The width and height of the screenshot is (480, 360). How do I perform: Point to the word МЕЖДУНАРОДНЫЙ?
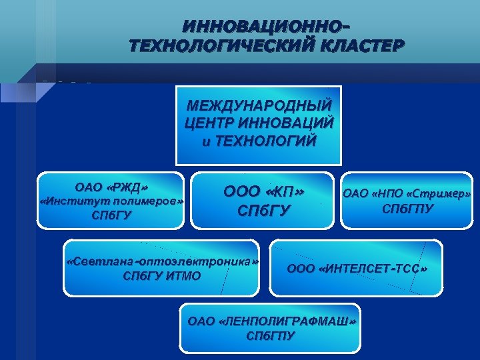(258, 106)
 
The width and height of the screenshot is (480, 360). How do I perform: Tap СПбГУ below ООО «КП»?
(263, 212)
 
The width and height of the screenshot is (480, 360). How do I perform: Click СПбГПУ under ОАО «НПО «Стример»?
(407, 209)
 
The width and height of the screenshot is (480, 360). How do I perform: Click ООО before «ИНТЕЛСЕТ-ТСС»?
(301, 269)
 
